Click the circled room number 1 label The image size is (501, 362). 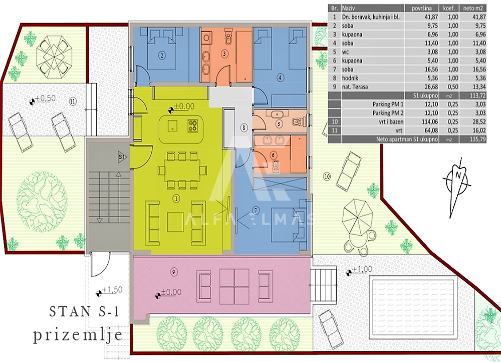(x=176, y=199)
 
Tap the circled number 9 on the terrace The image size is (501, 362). (x=173, y=272)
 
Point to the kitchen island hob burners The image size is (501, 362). (x=193, y=125)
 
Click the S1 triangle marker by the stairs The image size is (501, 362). (x=122, y=157)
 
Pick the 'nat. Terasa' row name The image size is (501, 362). (x=355, y=87)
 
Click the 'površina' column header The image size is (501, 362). (x=421, y=9)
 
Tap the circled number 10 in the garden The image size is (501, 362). (x=327, y=176)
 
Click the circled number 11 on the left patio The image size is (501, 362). (x=73, y=101)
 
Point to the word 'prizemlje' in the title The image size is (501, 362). (x=78, y=335)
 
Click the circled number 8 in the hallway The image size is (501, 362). (x=244, y=128)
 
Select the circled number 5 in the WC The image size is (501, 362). (x=279, y=123)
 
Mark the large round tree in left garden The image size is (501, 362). (x=42, y=198)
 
